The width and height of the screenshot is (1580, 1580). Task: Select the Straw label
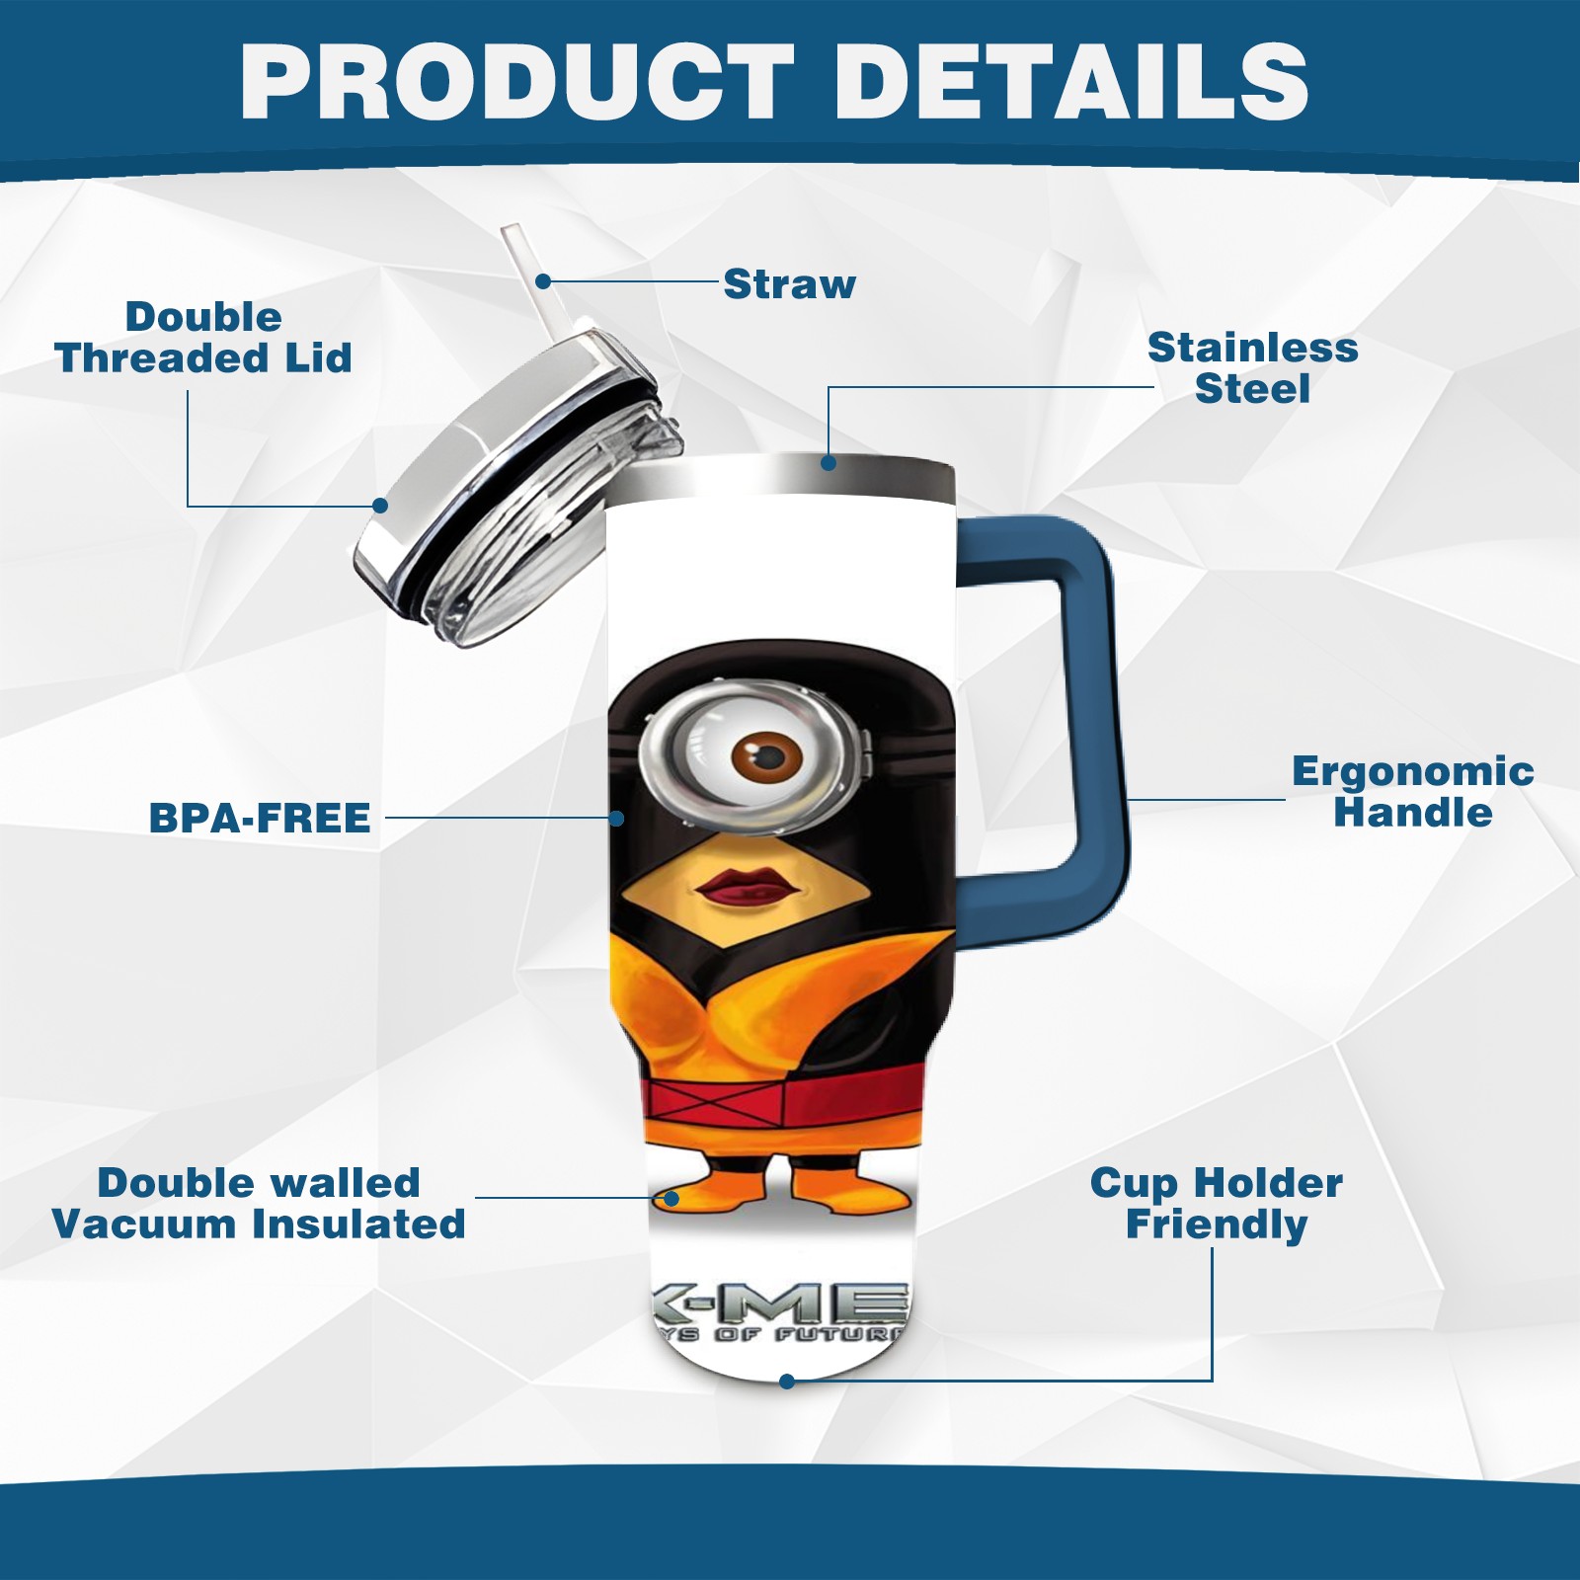coord(789,284)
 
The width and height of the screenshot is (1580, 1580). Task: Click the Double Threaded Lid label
coord(203,338)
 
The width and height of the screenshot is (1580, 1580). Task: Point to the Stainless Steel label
coord(1252,367)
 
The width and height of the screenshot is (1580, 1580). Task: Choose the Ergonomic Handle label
coord(1412,792)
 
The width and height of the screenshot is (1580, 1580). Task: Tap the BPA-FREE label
coord(260,818)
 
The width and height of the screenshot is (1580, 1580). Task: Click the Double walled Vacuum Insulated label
coord(259,1203)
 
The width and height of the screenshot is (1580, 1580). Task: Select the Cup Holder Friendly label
coord(1217,1203)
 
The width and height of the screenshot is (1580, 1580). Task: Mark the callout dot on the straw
coord(543,281)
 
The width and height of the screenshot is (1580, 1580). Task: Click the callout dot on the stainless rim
coord(829,462)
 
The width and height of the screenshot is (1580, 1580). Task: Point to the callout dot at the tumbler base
coord(787,1382)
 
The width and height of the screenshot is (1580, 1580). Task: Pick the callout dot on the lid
coord(380,506)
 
